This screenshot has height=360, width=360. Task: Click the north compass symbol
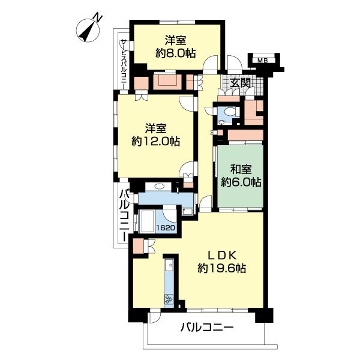coord(88,29)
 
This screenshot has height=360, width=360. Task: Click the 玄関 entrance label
coord(240,83)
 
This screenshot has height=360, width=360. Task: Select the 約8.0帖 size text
coord(176,54)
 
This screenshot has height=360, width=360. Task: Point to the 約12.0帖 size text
coord(155,141)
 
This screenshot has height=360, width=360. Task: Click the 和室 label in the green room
coord(241,169)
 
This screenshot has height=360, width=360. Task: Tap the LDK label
coord(222,254)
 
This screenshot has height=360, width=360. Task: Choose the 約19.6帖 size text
coord(222,268)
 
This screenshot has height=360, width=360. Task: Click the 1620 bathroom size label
coord(166,227)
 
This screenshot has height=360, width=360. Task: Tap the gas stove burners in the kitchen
coord(169,299)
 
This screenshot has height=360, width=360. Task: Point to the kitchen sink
coord(169,265)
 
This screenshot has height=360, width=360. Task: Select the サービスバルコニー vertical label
coord(124,64)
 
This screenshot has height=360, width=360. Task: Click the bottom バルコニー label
coord(206,327)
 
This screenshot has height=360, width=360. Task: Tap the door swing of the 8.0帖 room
coord(210,62)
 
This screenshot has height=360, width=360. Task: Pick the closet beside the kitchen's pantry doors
coord(139,246)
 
